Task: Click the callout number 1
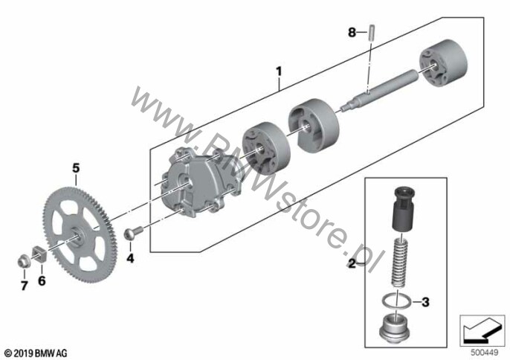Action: tap(279, 71)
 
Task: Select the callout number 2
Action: tap(352, 263)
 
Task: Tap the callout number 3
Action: tap(425, 302)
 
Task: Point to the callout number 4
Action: tap(130, 258)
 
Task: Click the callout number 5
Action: tap(76, 168)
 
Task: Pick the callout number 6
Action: tap(42, 280)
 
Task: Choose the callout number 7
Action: tap(24, 286)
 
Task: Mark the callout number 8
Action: tap(352, 32)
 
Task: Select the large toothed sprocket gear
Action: tap(77, 235)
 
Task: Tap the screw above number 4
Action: tap(133, 233)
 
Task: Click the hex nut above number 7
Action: tap(24, 261)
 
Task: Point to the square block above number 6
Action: tap(39, 254)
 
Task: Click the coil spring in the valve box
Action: tap(399, 263)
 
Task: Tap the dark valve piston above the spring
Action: tap(403, 209)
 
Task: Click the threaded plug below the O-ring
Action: tap(394, 327)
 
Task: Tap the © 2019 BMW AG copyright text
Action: tap(36, 353)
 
